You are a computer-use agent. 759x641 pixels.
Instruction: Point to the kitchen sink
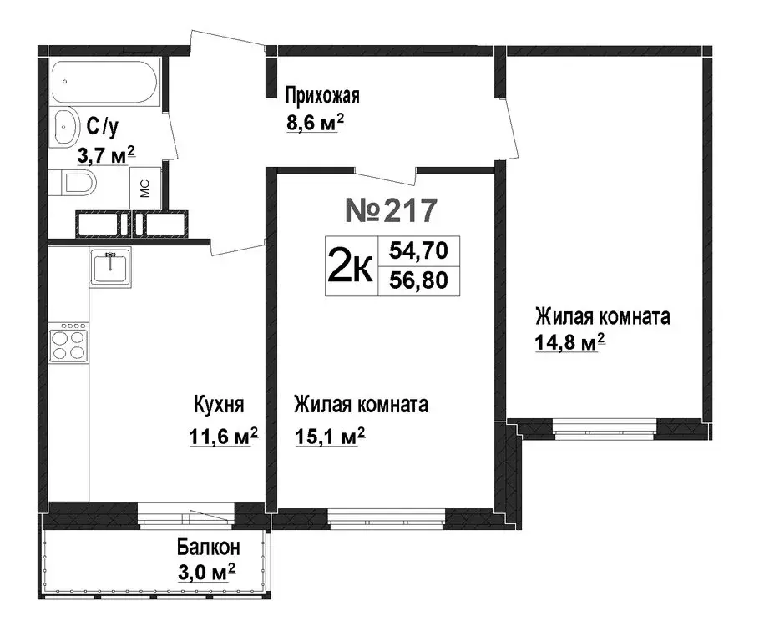(109, 268)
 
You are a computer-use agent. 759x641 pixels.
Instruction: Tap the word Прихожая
(322, 96)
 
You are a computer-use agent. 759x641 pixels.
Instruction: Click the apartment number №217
(391, 211)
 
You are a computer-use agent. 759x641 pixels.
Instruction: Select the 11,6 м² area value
(220, 437)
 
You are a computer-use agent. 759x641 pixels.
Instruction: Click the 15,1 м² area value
(330, 437)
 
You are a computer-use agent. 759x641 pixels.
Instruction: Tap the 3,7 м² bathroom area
(106, 154)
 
